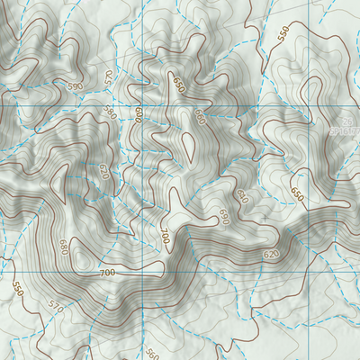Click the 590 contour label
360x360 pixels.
click(x=74, y=85)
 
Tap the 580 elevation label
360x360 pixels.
click(x=111, y=112)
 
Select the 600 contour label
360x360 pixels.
click(x=139, y=116)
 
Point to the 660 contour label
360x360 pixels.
click(x=200, y=118)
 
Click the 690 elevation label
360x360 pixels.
click(x=223, y=216)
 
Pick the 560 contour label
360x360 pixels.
click(x=151, y=352)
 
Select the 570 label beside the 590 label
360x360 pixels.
click(x=110, y=77)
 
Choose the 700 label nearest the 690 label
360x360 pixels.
click(x=165, y=237)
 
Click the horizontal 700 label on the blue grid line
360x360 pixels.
click(x=107, y=272)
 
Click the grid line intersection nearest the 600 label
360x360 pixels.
click(x=143, y=106)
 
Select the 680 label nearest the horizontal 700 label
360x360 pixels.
click(x=63, y=247)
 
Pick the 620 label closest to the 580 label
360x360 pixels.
click(x=102, y=170)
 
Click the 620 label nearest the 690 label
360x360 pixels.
click(x=240, y=195)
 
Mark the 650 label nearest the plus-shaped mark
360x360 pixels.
click(x=298, y=193)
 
